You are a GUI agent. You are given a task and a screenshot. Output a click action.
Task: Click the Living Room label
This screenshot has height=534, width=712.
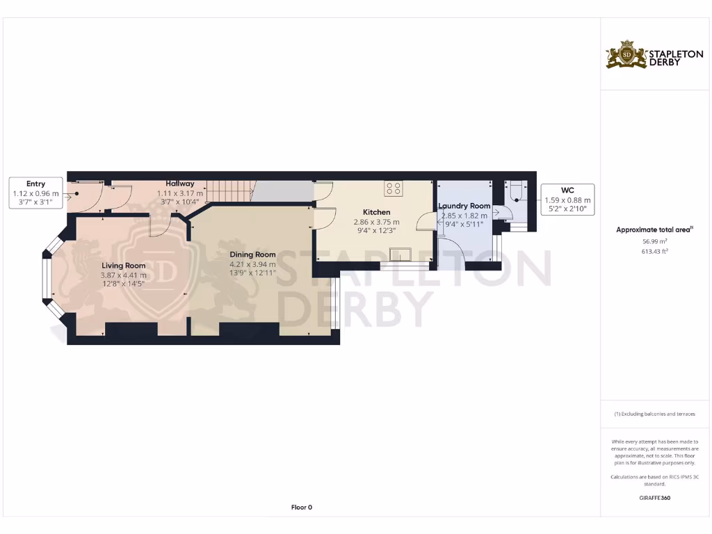[x=124, y=266]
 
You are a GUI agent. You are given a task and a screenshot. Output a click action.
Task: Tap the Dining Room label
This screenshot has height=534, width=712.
[x=252, y=254]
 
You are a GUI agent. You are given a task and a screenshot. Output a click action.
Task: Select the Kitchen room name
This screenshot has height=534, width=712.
[x=377, y=212]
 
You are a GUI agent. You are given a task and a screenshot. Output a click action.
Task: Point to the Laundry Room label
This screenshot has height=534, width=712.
[x=464, y=206]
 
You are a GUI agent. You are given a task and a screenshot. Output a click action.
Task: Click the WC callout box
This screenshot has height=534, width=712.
[x=567, y=199]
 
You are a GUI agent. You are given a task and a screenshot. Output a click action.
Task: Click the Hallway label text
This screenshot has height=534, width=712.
[x=180, y=184]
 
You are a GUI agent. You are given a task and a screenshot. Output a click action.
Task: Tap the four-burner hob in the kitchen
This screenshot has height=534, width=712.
[x=393, y=188]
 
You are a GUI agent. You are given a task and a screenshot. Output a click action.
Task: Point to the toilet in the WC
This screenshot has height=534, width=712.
[x=515, y=191]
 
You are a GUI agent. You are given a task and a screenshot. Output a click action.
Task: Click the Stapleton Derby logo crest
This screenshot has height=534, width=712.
[x=626, y=54]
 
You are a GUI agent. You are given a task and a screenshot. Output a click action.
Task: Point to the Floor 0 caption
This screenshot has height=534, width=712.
[x=301, y=508]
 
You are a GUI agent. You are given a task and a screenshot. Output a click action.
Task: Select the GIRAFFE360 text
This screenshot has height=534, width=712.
[x=654, y=498]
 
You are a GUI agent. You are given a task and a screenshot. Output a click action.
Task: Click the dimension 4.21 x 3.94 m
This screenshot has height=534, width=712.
[x=252, y=264]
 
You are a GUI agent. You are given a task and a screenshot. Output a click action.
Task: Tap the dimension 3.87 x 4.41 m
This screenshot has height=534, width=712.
[x=124, y=275]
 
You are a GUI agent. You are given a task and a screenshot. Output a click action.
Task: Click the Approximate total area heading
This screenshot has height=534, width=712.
[x=654, y=229]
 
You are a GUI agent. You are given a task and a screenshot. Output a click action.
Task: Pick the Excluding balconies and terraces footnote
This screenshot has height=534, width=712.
[x=654, y=414]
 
